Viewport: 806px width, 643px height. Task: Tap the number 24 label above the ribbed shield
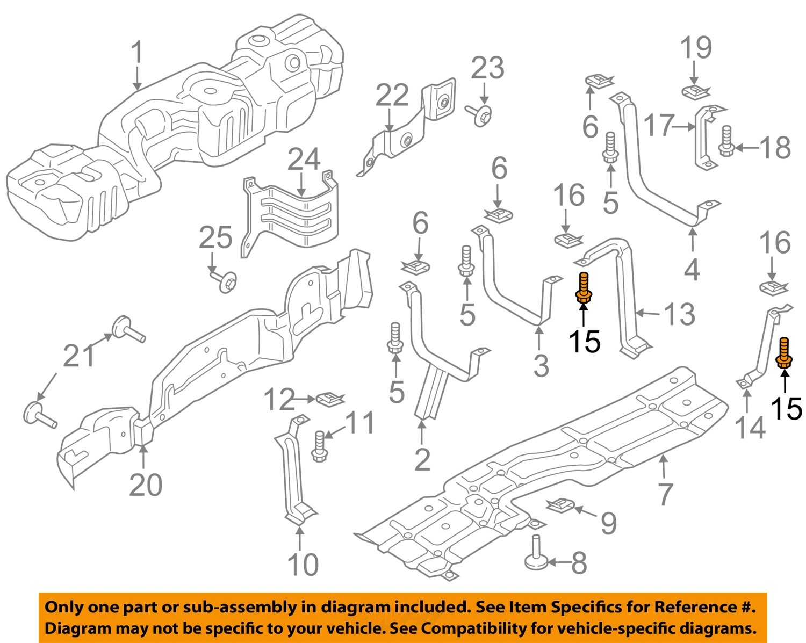point(304,160)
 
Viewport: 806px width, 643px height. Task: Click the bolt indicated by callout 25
point(226,281)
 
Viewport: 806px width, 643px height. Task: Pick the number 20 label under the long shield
point(146,485)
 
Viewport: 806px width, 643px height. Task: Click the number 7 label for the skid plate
point(665,494)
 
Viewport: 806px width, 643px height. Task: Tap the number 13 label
point(680,314)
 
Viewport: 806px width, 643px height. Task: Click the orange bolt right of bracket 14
point(784,354)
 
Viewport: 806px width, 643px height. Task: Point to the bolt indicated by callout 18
point(726,141)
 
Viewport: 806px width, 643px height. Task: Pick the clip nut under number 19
point(696,91)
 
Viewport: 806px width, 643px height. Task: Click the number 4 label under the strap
point(692,270)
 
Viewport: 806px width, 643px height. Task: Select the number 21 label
point(80,356)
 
